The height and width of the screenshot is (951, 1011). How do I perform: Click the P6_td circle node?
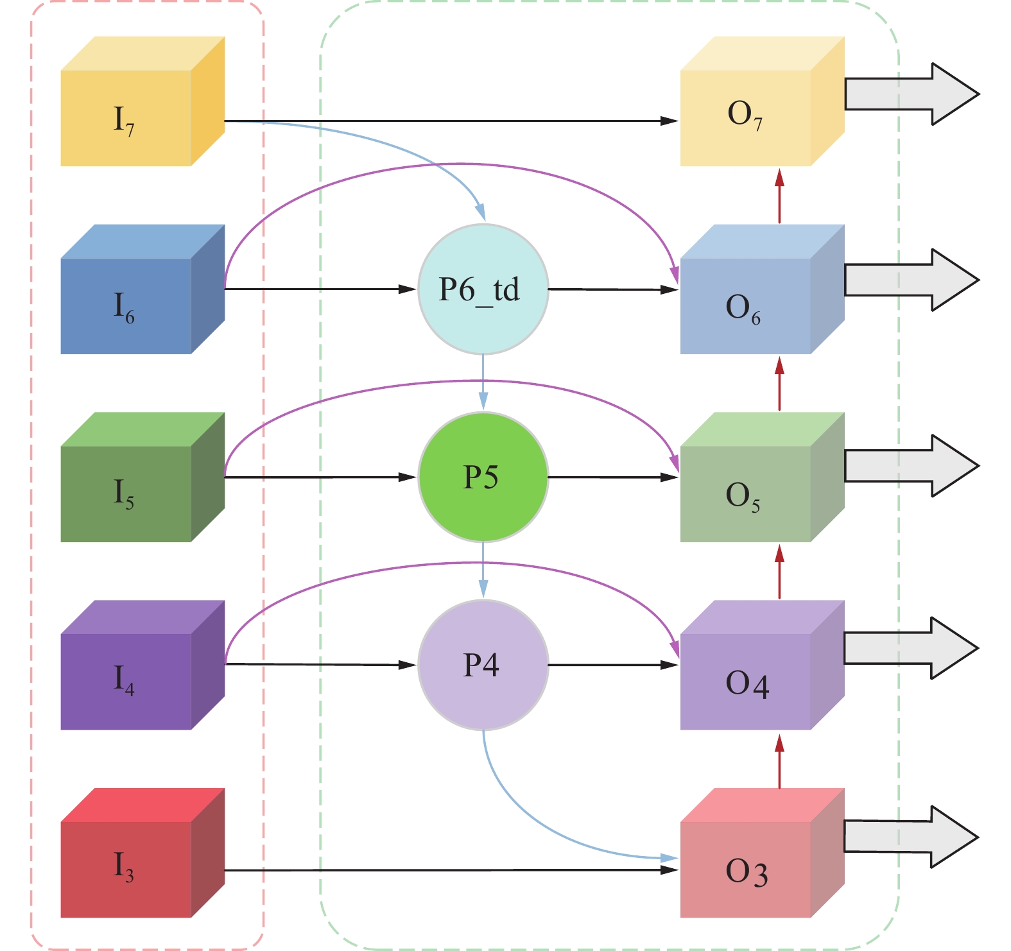[483, 289]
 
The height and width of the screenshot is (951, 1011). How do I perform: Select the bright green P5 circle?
[483, 477]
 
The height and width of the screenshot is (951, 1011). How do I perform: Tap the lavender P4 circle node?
[483, 665]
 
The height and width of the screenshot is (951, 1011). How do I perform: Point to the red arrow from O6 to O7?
[779, 196]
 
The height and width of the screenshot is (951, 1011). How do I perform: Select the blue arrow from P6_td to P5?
[483, 382]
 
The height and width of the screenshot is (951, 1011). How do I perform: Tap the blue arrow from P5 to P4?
[483, 570]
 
